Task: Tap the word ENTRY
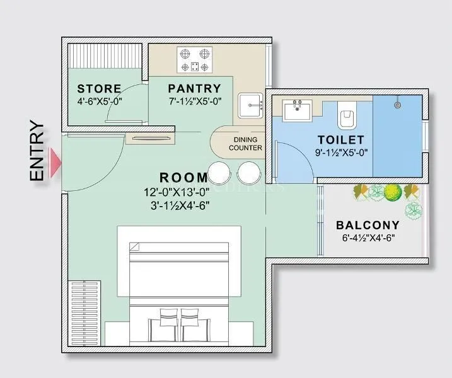pyautogui.click(x=37, y=152)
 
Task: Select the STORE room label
pyautogui.click(x=99, y=88)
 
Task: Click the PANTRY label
pyautogui.click(x=195, y=89)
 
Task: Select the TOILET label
pyautogui.click(x=340, y=139)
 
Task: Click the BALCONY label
pyautogui.click(x=368, y=225)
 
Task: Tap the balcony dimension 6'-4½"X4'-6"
pyautogui.click(x=368, y=238)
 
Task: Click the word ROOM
pyautogui.click(x=183, y=178)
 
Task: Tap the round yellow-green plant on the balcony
pyautogui.click(x=392, y=192)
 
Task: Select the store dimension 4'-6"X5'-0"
pyautogui.click(x=99, y=100)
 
